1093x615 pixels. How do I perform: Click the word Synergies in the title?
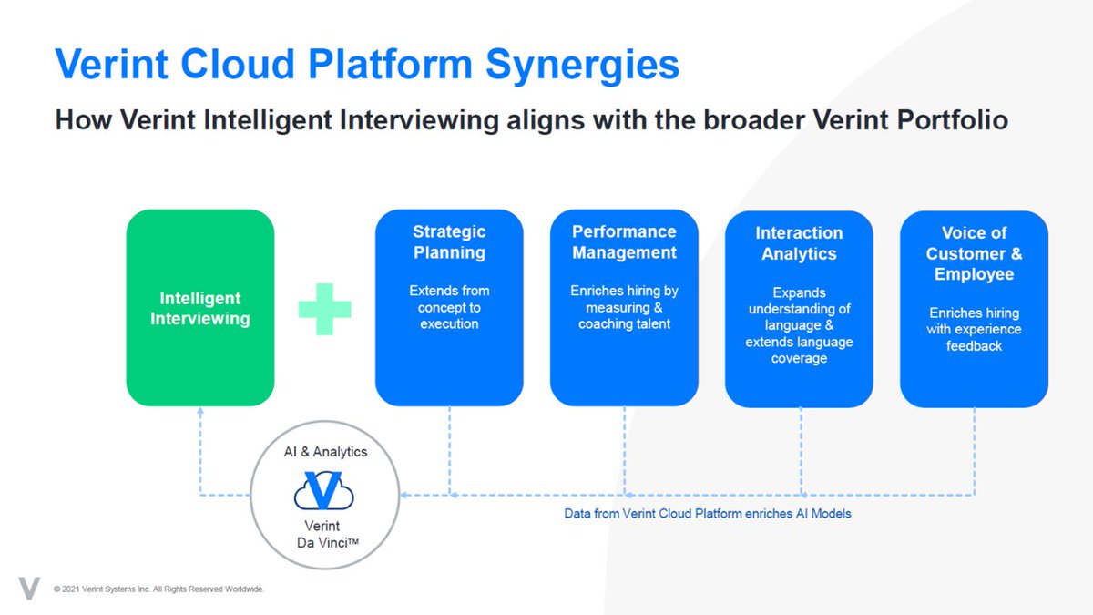click(x=583, y=66)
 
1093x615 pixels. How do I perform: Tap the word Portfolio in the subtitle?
click(x=953, y=119)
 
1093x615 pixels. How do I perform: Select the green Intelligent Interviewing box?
click(x=200, y=308)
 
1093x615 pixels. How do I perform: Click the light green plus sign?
click(x=324, y=309)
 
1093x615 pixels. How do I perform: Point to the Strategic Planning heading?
click(x=449, y=242)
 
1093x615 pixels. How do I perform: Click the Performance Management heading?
click(x=624, y=242)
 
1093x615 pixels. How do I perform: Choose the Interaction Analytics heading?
click(x=799, y=243)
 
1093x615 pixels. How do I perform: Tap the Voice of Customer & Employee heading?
click(x=974, y=254)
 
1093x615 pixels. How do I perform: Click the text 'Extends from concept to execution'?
click(x=449, y=307)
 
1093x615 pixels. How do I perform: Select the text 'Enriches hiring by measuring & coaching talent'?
click(x=624, y=307)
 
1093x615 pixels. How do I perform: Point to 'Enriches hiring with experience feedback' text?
click(x=974, y=330)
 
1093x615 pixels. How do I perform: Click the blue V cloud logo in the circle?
click(x=323, y=490)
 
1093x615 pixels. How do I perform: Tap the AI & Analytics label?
click(x=325, y=452)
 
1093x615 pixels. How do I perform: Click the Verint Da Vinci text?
click(x=327, y=534)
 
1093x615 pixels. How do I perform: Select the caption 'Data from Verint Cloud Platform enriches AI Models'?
click(x=708, y=514)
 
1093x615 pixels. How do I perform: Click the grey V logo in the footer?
click(x=29, y=589)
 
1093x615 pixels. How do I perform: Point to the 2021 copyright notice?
click(x=158, y=589)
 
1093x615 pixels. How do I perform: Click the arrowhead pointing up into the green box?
click(x=200, y=411)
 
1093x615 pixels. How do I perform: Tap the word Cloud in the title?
click(x=238, y=64)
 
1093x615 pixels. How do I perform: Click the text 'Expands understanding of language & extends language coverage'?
click(x=799, y=325)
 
